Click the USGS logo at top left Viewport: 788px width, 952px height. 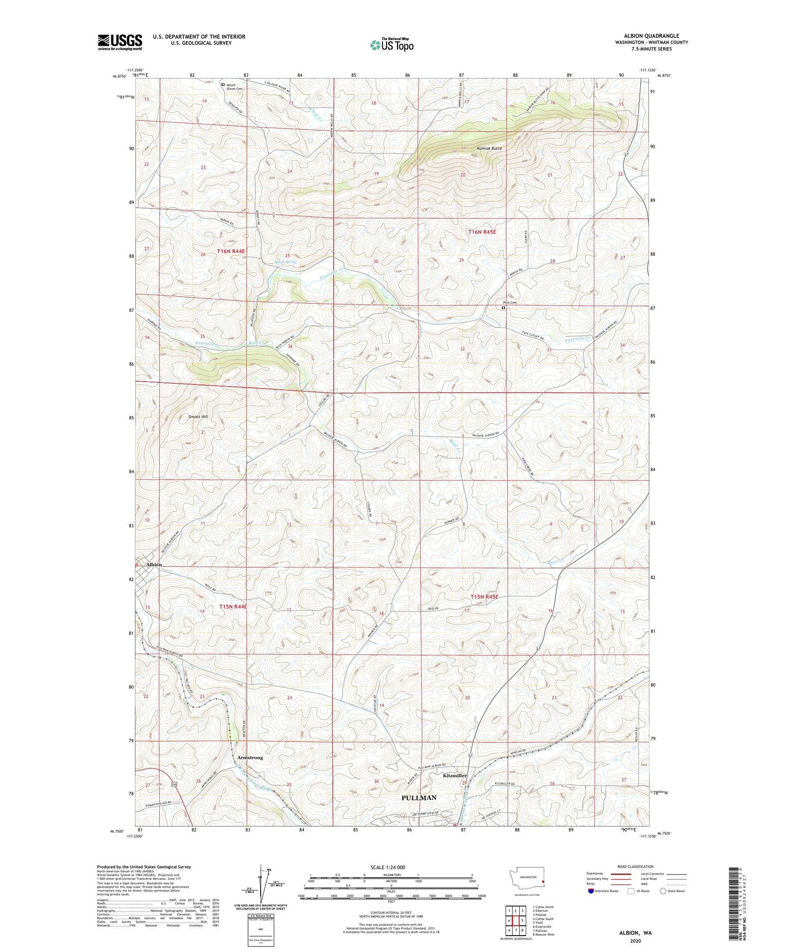click(120, 41)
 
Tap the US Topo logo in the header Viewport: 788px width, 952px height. click(392, 45)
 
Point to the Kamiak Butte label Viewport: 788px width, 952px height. click(489, 148)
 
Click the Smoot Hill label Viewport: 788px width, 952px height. click(198, 417)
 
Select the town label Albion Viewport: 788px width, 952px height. click(154, 564)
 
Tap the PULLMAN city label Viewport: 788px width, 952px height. click(419, 797)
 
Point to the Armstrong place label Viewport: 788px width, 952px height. click(250, 757)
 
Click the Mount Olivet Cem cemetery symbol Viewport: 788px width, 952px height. click(223, 85)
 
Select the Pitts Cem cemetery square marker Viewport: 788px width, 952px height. click(503, 308)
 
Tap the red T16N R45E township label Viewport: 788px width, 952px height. click(482, 232)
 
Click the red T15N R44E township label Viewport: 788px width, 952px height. click(233, 606)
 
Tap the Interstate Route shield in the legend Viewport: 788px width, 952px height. click(591, 891)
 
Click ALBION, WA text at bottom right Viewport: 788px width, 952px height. click(635, 933)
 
